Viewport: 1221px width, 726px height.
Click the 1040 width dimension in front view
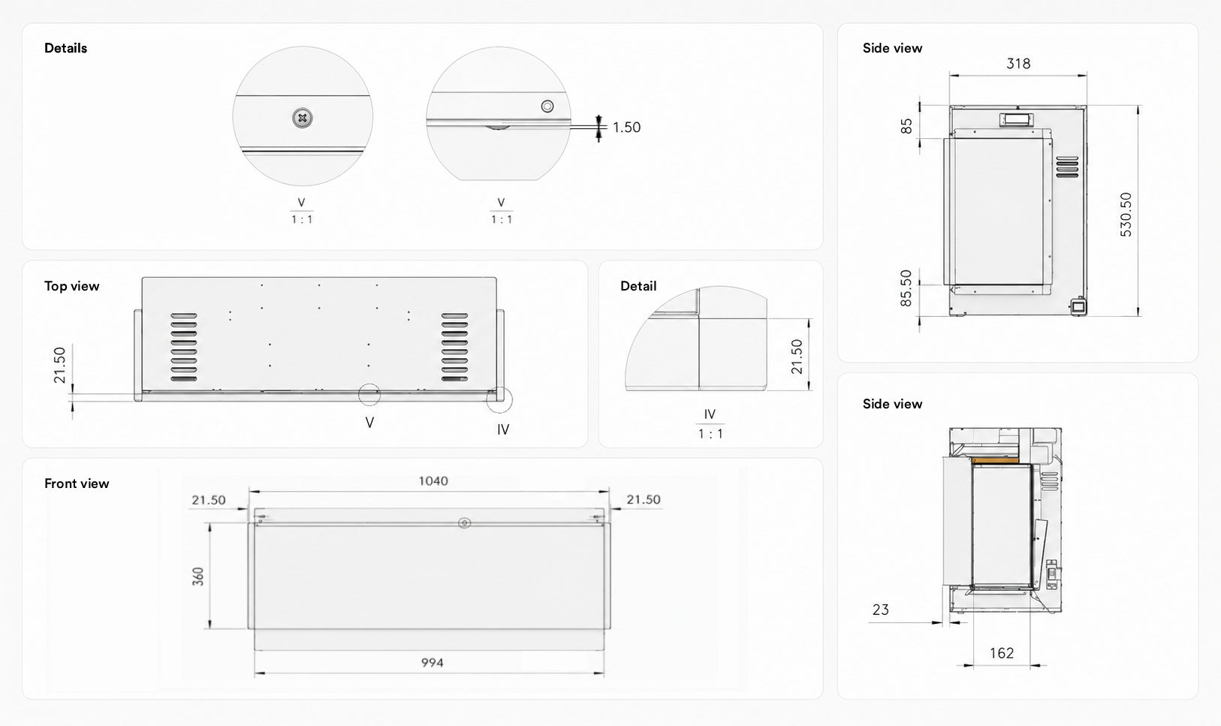coord(433,480)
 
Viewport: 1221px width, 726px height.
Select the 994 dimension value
coord(433,663)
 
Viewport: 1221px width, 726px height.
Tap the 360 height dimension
coord(197,576)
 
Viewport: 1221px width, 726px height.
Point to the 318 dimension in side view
coord(1018,64)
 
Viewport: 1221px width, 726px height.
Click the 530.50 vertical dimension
coord(1126,215)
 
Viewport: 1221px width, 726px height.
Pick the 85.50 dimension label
coord(906,288)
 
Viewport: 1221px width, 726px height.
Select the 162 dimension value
coord(1002,653)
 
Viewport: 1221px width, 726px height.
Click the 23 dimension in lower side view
coord(880,610)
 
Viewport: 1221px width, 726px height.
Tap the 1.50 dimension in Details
coord(626,127)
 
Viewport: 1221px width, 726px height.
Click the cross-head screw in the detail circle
coord(303,118)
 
